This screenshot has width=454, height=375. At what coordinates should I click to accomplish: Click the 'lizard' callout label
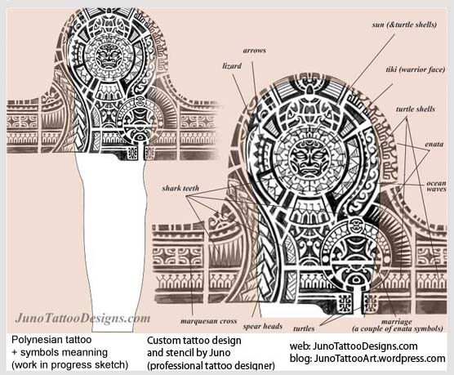(x=232, y=66)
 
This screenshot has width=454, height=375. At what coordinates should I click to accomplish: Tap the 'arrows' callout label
(x=254, y=51)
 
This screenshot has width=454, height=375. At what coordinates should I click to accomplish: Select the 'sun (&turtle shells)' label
(x=404, y=25)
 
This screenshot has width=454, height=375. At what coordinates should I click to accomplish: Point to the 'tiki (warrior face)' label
(x=415, y=69)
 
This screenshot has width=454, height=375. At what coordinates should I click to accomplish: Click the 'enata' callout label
(x=434, y=144)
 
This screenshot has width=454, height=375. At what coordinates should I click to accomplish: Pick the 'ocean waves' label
(x=436, y=186)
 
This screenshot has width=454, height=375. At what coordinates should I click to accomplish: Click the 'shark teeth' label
(x=180, y=189)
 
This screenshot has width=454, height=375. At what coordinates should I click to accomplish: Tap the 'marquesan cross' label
(x=208, y=321)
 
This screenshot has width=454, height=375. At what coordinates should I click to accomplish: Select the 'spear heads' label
(x=262, y=326)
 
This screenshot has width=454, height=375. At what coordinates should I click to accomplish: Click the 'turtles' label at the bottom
(x=304, y=328)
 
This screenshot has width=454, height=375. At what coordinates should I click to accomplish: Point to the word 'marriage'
(x=396, y=322)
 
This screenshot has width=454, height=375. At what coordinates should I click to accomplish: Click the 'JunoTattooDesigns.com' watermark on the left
(x=82, y=319)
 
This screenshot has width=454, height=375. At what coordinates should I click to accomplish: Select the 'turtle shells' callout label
(x=416, y=109)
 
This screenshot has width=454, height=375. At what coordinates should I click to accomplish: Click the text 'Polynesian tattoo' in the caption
(x=51, y=340)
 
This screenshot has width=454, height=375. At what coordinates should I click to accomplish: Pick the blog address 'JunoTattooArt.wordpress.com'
(x=380, y=359)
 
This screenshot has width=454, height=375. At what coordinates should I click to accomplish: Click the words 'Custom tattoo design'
(x=194, y=340)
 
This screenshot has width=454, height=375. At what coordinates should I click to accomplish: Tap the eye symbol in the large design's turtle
(x=356, y=280)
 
